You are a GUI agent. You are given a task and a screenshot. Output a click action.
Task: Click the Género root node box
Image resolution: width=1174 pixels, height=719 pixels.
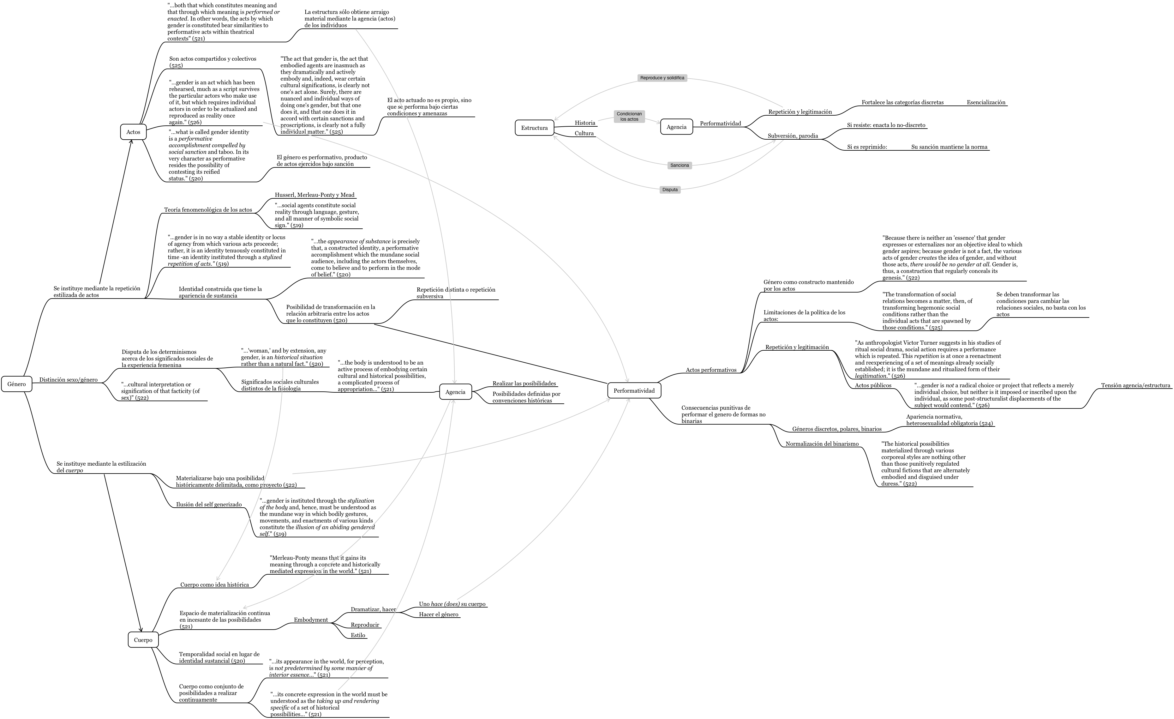tap(17, 384)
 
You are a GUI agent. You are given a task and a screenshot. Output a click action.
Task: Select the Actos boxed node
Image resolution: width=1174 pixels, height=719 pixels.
tap(133, 132)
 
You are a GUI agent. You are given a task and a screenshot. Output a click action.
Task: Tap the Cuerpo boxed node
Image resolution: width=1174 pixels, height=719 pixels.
tap(143, 640)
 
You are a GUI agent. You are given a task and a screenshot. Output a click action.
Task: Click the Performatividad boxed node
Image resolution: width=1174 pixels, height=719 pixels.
tap(634, 390)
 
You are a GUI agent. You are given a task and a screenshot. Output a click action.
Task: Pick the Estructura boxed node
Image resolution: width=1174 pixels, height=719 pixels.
tap(534, 128)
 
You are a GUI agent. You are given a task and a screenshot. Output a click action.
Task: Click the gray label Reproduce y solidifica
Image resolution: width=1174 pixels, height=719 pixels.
tap(662, 78)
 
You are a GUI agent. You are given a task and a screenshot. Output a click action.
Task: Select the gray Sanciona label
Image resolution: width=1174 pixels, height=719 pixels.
tap(680, 166)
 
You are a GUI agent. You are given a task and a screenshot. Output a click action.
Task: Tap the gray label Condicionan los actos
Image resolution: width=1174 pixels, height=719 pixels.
tap(629, 116)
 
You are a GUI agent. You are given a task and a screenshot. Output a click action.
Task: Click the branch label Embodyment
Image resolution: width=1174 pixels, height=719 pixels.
tap(311, 620)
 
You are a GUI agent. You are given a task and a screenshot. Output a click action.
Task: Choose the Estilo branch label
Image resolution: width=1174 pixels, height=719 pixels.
tap(358, 635)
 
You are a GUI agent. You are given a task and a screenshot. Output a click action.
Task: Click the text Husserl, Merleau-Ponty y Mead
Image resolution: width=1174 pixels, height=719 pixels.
tap(314, 195)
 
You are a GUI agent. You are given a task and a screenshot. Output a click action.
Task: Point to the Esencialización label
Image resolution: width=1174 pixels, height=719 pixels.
tap(986, 102)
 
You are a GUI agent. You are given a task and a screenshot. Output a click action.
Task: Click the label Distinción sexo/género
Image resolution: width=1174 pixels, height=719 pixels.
tap(68, 380)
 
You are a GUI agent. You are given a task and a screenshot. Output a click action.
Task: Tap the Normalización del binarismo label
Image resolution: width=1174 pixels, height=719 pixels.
tap(822, 444)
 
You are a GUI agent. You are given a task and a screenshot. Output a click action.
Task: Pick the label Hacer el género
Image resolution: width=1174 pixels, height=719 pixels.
tap(438, 614)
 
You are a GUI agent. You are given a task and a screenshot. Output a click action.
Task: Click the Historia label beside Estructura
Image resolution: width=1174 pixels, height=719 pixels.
tap(584, 123)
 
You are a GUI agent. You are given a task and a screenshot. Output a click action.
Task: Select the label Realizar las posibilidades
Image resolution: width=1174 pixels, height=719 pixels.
tap(524, 383)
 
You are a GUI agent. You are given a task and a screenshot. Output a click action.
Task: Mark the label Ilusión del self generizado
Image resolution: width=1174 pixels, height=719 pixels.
tap(209, 505)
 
